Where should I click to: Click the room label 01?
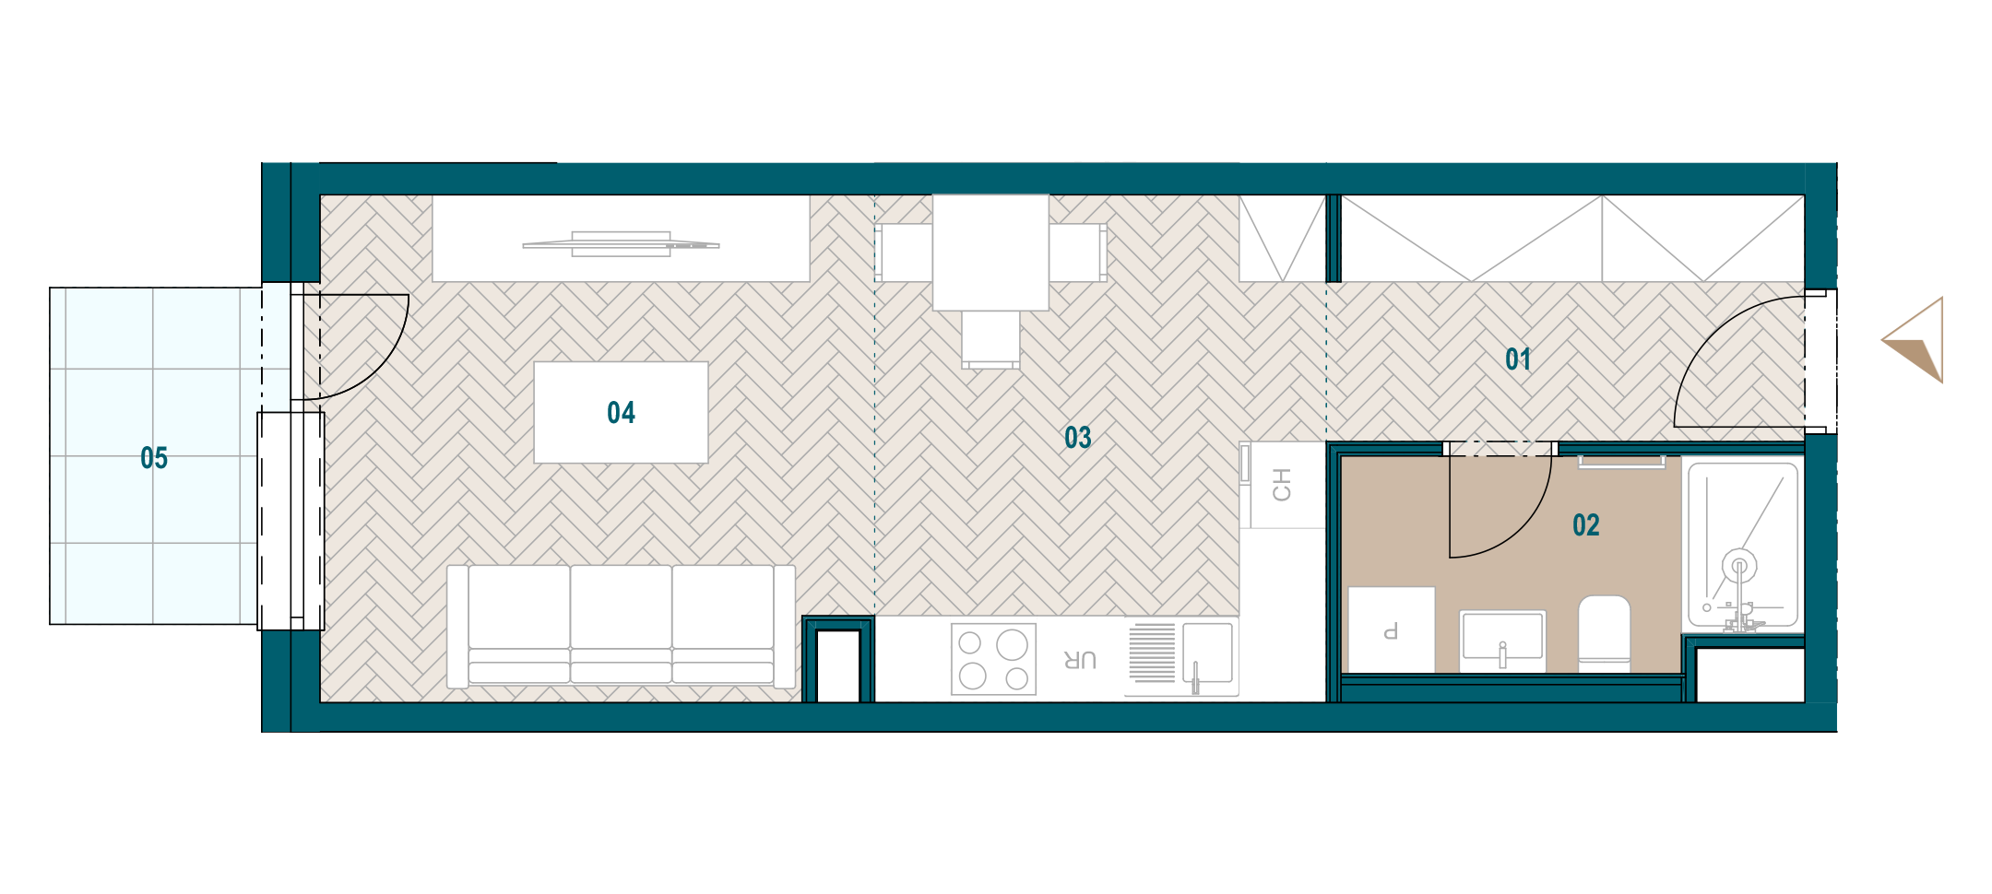pyautogui.click(x=1518, y=359)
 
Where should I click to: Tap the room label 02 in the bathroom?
pyautogui.click(x=1586, y=525)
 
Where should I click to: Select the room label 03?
pyautogui.click(x=1078, y=438)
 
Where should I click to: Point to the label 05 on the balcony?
pyautogui.click(x=154, y=458)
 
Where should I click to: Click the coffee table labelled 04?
pyautogui.click(x=621, y=412)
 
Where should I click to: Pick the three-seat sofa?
pyautogui.click(x=621, y=627)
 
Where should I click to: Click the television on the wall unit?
pyautogui.click(x=621, y=244)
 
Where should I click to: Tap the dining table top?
pyautogui.click(x=990, y=252)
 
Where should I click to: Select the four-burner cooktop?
pyautogui.click(x=993, y=659)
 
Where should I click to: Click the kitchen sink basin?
pyautogui.click(x=1207, y=653)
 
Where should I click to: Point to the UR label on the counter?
pyautogui.click(x=1080, y=660)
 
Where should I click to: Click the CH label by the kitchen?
pyautogui.click(x=1282, y=485)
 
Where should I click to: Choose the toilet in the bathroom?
pyautogui.click(x=1605, y=633)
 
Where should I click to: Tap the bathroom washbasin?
pyautogui.click(x=1502, y=640)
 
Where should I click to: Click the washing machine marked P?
pyautogui.click(x=1392, y=629)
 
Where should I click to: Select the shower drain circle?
pyautogui.click(x=1739, y=564)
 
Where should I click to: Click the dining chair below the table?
pyautogui.click(x=990, y=340)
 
